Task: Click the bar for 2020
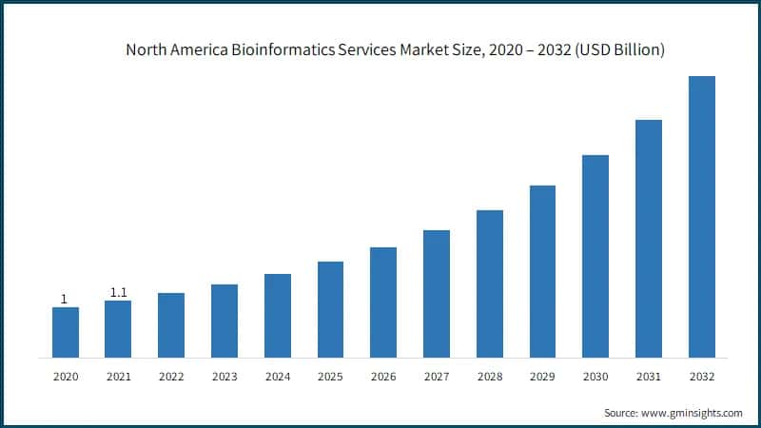pos(65,332)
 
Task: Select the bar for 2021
pos(118,329)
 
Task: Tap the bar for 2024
pos(277,316)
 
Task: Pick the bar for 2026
pos(383,302)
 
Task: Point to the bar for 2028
pos(489,283)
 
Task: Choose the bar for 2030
pos(595,256)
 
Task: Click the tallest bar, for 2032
pos(701,217)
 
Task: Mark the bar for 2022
pos(171,325)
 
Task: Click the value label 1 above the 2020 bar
pos(64,299)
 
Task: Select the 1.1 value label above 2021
pos(118,292)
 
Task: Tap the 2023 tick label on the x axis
pos(224,378)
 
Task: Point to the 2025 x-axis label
pos(330,378)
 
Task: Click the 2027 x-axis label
pos(437,378)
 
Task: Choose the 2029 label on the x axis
pos(542,378)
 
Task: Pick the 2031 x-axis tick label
pos(649,378)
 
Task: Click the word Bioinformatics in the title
pos(269,49)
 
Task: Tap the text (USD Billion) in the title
pos(616,49)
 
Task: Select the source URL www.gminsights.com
pos(692,413)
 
